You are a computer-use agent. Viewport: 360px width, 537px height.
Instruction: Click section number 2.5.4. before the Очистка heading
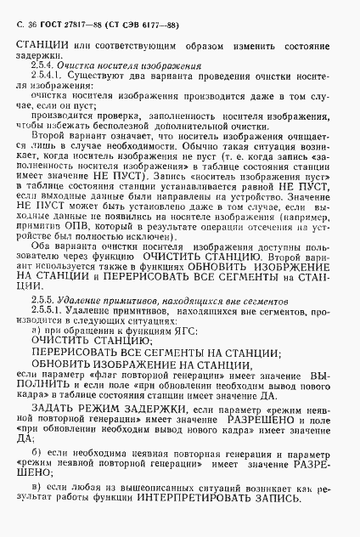42,65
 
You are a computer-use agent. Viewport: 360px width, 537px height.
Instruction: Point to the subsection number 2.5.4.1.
46,76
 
